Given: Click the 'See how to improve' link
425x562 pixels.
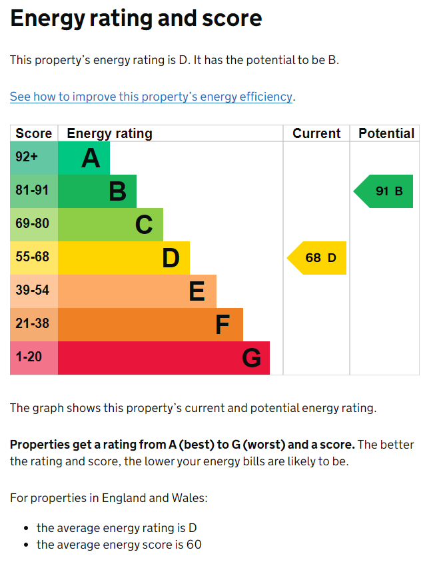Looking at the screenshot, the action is coord(151,97).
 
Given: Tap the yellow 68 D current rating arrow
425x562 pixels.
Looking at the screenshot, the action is coord(317,258).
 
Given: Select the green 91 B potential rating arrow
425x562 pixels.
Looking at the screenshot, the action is coord(383,191).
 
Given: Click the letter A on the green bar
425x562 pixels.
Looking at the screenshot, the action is coord(91,158).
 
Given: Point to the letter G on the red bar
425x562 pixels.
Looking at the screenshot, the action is coord(251,358).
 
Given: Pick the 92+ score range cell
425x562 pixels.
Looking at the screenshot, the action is coord(34,158).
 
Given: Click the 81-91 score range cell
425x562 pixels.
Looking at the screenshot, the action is coord(34,191).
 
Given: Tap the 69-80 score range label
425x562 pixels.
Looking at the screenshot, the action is coord(32,223).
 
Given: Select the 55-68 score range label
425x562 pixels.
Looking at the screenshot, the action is coord(32,257).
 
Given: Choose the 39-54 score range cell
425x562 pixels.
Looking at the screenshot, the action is coord(34,291).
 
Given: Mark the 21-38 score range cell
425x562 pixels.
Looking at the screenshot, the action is coord(34,325).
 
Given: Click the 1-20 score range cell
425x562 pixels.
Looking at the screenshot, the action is coord(34,358).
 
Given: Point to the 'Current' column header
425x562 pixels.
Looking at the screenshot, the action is coord(316,133).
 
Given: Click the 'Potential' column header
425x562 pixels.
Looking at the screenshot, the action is coord(386,133).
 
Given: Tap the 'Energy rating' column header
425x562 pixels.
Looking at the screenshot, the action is coord(109,134).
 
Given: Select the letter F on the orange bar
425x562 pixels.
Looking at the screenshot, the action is coord(222,325).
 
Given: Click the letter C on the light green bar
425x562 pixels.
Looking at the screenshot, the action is coord(144,225).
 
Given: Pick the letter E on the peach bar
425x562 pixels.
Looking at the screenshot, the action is coord(197,291).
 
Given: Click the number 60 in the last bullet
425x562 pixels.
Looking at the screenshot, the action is coord(194,545).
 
